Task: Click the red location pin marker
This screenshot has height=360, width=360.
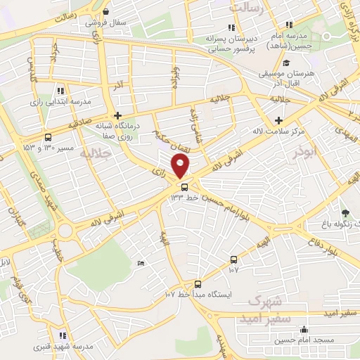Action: pyautogui.click(x=181, y=166)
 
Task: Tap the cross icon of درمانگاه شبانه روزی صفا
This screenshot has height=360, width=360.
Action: pyautogui.click(x=117, y=115)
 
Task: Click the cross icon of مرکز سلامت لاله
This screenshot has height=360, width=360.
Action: pyautogui.click(x=279, y=121)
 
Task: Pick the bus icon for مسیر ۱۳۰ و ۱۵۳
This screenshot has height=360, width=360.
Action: pyautogui.click(x=47, y=138)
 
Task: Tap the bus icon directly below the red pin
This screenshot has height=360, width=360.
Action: pyautogui.click(x=184, y=187)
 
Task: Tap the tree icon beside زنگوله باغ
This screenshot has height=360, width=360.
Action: pyautogui.click(x=345, y=212)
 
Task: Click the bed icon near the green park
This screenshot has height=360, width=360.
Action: pyautogui.click(x=141, y=263)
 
